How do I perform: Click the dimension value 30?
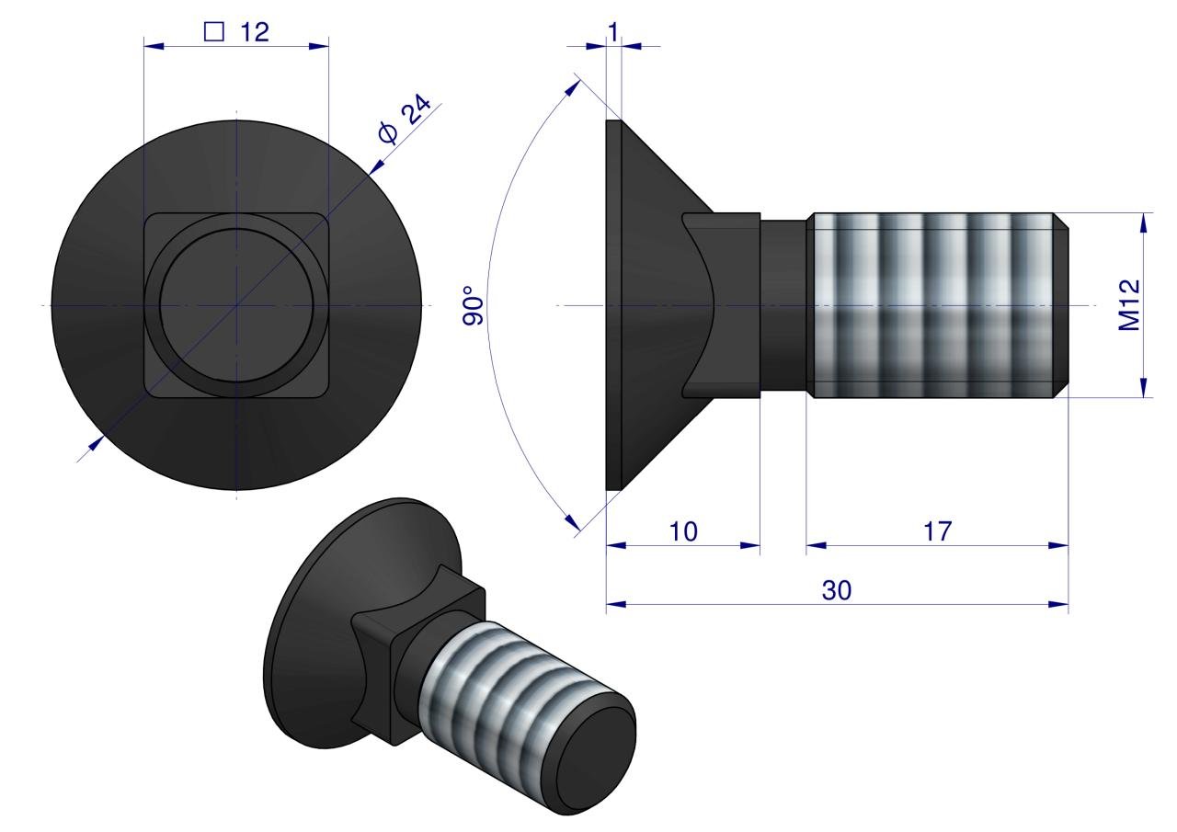[x=837, y=590]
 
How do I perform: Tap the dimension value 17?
[x=937, y=531]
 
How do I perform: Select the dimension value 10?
[x=683, y=531]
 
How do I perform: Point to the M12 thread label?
[x=1129, y=304]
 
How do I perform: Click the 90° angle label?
[x=473, y=306]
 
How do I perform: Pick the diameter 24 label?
[x=405, y=119]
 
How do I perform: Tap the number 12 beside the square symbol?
[x=255, y=32]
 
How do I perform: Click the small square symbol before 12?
[x=214, y=31]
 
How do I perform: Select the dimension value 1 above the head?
[x=613, y=32]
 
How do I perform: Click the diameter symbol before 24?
[x=389, y=133]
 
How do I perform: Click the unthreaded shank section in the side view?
[x=783, y=305]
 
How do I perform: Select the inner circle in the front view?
[x=236, y=305]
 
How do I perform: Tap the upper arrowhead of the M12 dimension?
[x=1145, y=222]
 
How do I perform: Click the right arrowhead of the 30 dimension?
[x=1058, y=605]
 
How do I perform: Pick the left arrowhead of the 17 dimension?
[x=817, y=546]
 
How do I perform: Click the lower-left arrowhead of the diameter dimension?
[x=96, y=444]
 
